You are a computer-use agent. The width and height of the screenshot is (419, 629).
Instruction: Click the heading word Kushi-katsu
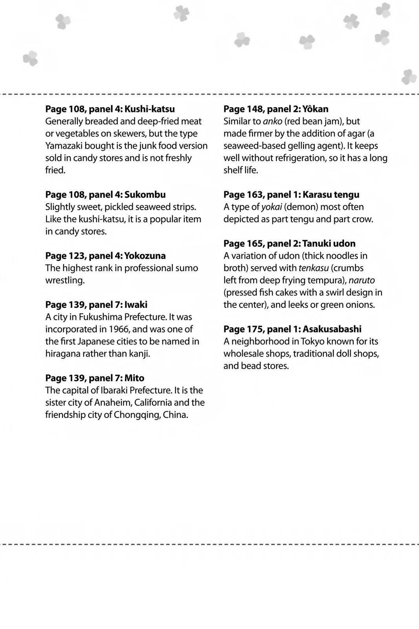tap(150, 109)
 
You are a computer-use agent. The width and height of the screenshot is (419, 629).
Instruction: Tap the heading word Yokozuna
tap(145, 256)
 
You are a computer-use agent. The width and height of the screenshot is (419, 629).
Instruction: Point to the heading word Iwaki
tap(136, 305)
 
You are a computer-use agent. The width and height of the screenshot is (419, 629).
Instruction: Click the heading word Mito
tap(134, 378)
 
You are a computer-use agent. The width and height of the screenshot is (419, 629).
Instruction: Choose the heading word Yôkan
tap(315, 109)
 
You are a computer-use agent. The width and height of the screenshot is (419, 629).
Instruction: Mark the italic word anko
tap(273, 121)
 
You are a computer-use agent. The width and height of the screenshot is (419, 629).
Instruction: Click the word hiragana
tap(64, 354)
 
